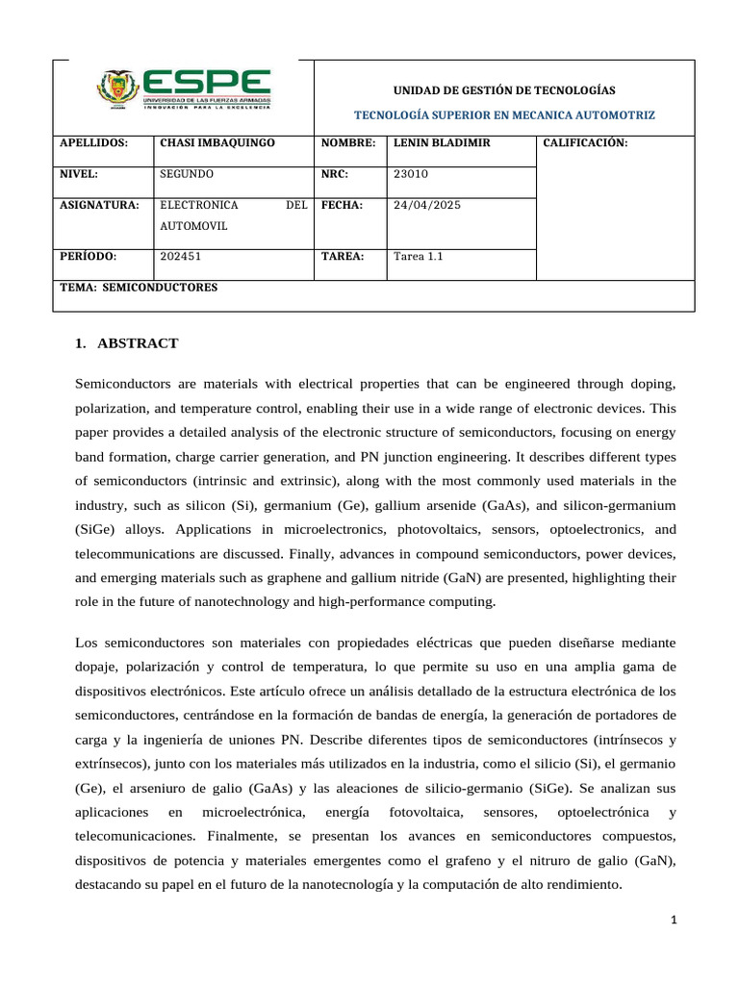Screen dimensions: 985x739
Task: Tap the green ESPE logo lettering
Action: [207, 83]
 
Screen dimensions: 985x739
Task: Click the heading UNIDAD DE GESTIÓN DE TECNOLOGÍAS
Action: [504, 89]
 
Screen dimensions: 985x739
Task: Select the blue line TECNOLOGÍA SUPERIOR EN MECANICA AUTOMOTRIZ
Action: [504, 114]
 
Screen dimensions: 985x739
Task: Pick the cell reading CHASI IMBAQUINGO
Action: [217, 142]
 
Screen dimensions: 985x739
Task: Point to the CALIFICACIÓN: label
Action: [585, 142]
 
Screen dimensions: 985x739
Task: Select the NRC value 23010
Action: [411, 174]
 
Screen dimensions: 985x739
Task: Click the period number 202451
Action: [180, 257]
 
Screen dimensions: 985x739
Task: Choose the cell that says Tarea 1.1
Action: [419, 257]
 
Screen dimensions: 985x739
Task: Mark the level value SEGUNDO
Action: [187, 174]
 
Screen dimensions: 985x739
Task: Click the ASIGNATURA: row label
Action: [100, 205]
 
